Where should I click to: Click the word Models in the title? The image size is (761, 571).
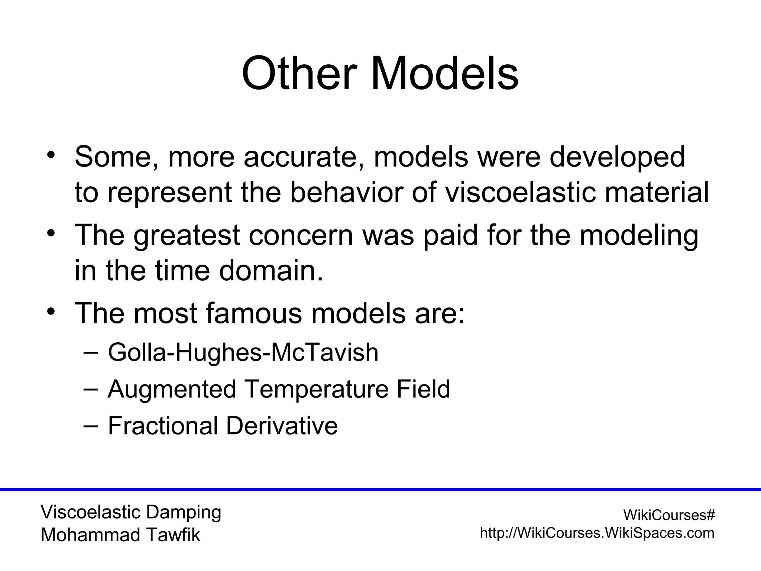(x=444, y=73)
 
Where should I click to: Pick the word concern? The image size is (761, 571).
(x=301, y=236)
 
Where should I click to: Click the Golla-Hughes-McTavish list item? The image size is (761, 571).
(x=243, y=352)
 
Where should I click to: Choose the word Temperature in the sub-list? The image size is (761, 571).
(x=316, y=389)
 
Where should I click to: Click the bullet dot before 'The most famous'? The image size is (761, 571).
(x=51, y=311)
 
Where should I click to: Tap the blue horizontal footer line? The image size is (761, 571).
(x=380, y=489)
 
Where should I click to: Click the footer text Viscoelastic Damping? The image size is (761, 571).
(x=131, y=512)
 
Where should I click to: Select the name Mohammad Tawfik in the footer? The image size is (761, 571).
(x=120, y=535)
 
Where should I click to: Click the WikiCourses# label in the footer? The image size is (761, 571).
(x=669, y=515)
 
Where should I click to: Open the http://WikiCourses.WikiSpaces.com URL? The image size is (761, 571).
(x=597, y=533)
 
